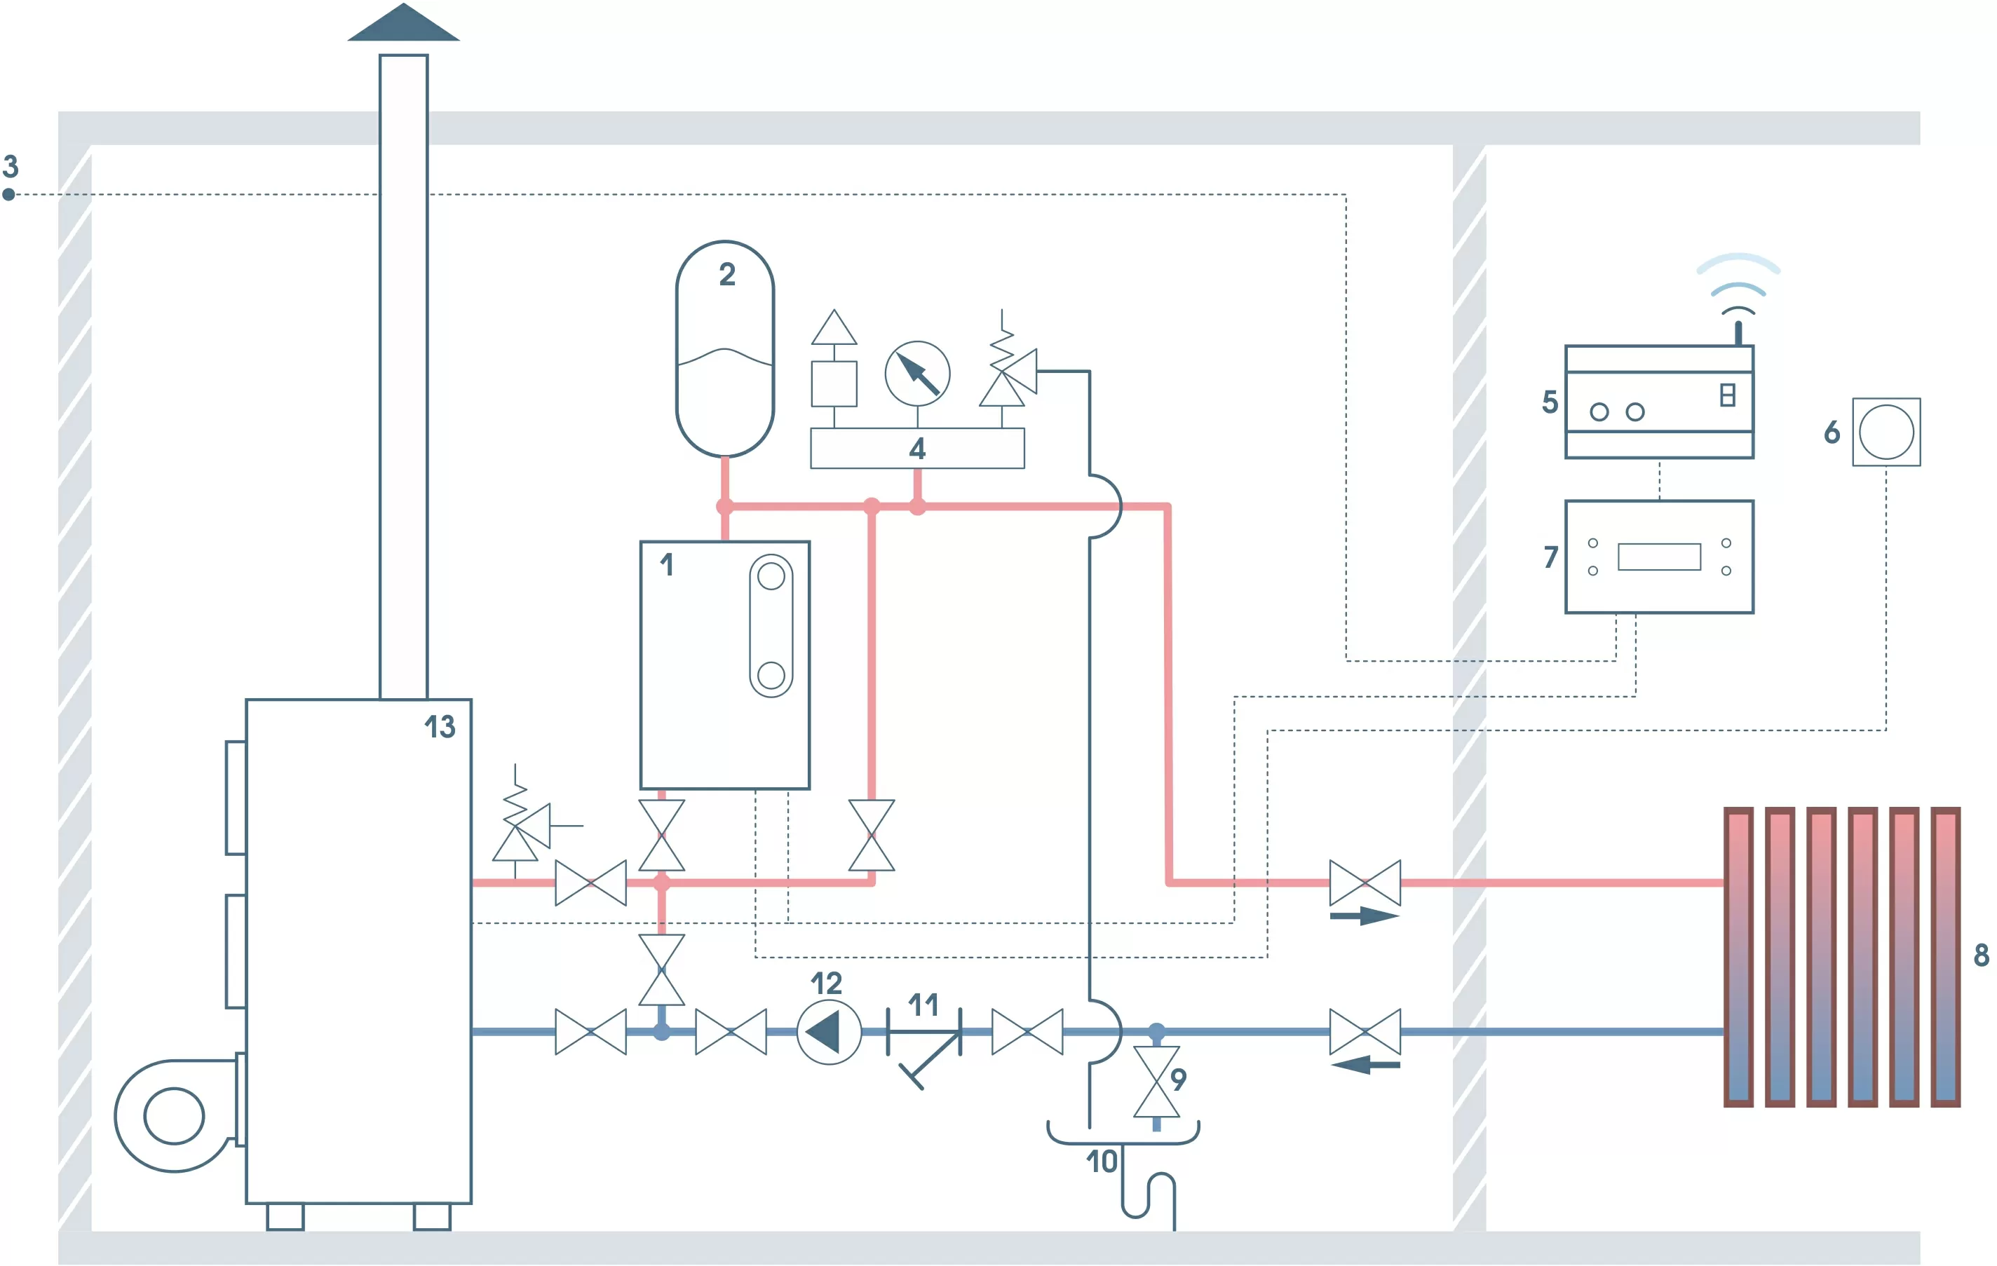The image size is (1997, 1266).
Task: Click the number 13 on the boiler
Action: point(440,727)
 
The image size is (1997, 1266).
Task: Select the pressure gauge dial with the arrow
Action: point(916,374)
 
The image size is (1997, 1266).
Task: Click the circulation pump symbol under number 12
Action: point(829,1032)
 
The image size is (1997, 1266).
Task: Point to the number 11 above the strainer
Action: point(923,1005)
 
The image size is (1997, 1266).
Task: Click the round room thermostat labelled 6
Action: point(1886,432)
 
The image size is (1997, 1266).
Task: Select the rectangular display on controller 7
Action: point(1658,557)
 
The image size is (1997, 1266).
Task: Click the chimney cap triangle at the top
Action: point(403,24)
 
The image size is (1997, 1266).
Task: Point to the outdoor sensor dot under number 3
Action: point(9,195)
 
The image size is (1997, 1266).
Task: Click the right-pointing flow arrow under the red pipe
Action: point(1365,916)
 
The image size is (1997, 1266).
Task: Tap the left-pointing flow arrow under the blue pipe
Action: point(1365,1065)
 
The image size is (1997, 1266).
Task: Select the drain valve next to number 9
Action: point(1156,1081)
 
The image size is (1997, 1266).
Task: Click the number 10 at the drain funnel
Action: point(1102,1162)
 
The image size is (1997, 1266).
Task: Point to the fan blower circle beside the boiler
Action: point(174,1115)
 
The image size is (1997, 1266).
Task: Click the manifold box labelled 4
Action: point(916,449)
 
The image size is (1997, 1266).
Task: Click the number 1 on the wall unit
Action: point(667,566)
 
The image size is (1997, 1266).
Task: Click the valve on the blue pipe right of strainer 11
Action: point(1027,1032)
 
